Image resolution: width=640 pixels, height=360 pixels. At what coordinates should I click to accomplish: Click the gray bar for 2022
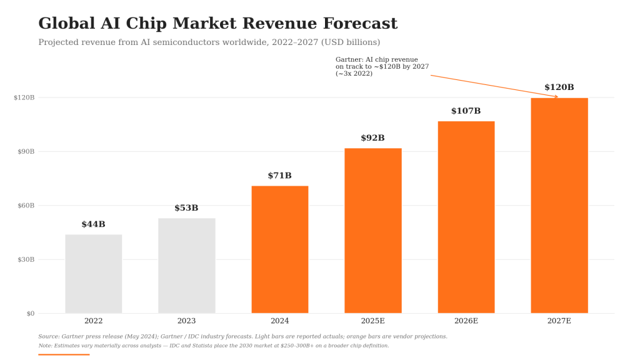click(94, 274)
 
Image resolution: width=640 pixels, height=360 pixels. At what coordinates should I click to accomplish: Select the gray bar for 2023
click(186, 266)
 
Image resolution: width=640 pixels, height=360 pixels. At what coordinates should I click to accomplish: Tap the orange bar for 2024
click(280, 250)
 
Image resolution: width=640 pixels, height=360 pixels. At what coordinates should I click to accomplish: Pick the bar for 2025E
click(373, 231)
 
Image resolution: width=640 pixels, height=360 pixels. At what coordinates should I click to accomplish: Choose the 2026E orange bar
click(466, 217)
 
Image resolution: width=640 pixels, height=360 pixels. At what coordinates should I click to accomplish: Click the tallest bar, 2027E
click(559, 206)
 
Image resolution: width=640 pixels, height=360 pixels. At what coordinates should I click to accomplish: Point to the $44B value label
click(94, 224)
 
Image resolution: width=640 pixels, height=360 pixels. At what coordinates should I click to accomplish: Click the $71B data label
click(279, 176)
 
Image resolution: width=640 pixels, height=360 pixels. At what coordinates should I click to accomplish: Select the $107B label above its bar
click(466, 111)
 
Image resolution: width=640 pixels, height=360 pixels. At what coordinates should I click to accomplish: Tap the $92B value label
click(372, 137)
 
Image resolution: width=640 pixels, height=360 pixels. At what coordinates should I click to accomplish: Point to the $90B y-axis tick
click(26, 151)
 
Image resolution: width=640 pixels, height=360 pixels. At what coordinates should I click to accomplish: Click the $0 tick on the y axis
click(31, 314)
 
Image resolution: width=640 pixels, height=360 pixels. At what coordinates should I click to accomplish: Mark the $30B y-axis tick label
click(26, 259)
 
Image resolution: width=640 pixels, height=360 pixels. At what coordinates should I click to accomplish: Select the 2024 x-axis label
click(279, 321)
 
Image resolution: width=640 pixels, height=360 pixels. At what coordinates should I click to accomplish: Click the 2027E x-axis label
click(559, 321)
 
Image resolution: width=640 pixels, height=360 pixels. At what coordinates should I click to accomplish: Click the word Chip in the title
click(146, 23)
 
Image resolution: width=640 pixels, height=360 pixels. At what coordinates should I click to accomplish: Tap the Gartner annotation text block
click(382, 66)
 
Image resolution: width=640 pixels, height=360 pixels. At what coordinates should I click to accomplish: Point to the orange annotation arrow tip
click(558, 97)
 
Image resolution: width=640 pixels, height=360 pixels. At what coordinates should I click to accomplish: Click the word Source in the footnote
click(49, 336)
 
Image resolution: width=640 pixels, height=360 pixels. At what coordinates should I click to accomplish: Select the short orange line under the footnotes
click(64, 355)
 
